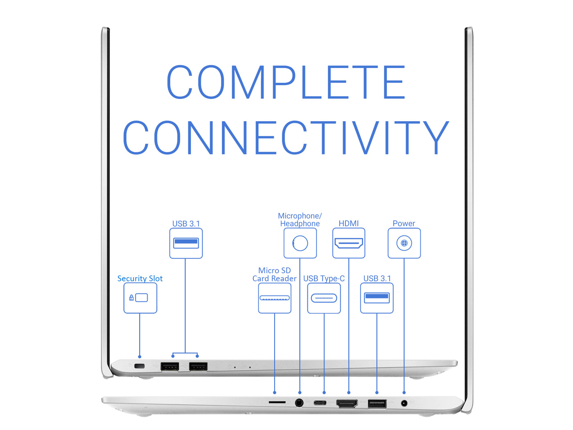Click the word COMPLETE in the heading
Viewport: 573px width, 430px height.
pos(286,82)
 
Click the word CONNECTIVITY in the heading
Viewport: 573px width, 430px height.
pos(286,137)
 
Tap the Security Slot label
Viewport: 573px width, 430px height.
pos(140,278)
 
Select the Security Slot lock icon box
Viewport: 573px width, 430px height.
pos(140,298)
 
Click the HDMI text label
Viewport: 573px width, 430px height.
pos(348,224)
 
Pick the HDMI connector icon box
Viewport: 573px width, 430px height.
pos(349,243)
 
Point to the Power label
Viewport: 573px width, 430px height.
pos(404,224)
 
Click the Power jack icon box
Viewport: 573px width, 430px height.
pos(404,243)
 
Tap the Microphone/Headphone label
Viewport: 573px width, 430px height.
pos(300,220)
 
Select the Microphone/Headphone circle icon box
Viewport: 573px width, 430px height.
pos(300,243)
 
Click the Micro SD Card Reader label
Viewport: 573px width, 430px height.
pos(274,274)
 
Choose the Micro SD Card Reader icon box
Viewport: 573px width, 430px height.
pos(275,298)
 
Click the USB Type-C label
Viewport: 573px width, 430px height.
pos(324,278)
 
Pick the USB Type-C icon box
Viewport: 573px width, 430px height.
pos(324,298)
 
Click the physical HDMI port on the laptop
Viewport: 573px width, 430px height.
pos(347,403)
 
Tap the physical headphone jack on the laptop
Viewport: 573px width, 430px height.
pos(299,403)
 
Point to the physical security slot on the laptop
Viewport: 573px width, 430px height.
pos(140,366)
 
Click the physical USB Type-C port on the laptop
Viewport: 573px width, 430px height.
pos(320,403)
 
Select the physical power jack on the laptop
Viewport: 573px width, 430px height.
pos(404,403)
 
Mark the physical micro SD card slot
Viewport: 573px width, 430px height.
pos(277,402)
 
